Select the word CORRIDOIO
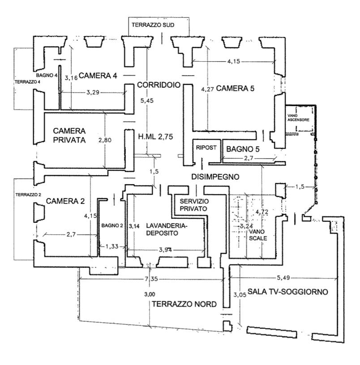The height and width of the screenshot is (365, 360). [x=159, y=85]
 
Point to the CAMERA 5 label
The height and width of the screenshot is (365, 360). [x=235, y=89]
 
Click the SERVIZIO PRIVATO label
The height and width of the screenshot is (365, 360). [x=193, y=204]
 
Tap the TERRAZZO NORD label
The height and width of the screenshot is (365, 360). [x=184, y=304]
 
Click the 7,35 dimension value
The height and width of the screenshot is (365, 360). [x=151, y=279]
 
